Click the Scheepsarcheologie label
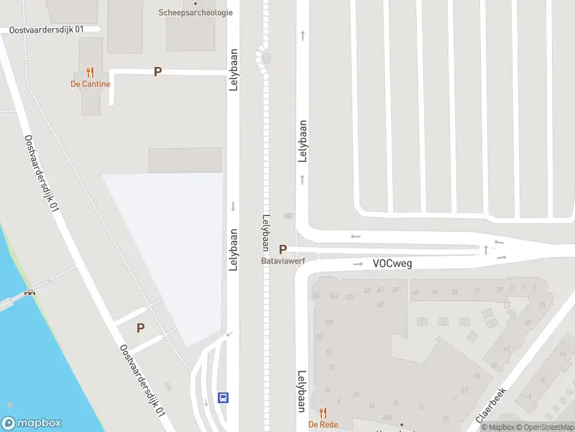tap(195, 12)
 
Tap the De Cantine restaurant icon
tap(90, 72)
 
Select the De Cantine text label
tap(90, 84)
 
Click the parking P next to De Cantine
tap(157, 72)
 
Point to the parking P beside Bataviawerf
tap(283, 248)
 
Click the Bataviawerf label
tap(282, 261)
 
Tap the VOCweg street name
tap(392, 264)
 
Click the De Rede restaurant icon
tap(323, 413)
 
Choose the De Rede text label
tap(323, 425)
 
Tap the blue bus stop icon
tap(224, 397)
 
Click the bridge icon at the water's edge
tap(30, 292)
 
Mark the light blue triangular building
tap(180, 238)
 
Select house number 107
tap(328, 323)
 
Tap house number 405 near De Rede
tap(387, 417)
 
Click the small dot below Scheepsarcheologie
tap(195, 3)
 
